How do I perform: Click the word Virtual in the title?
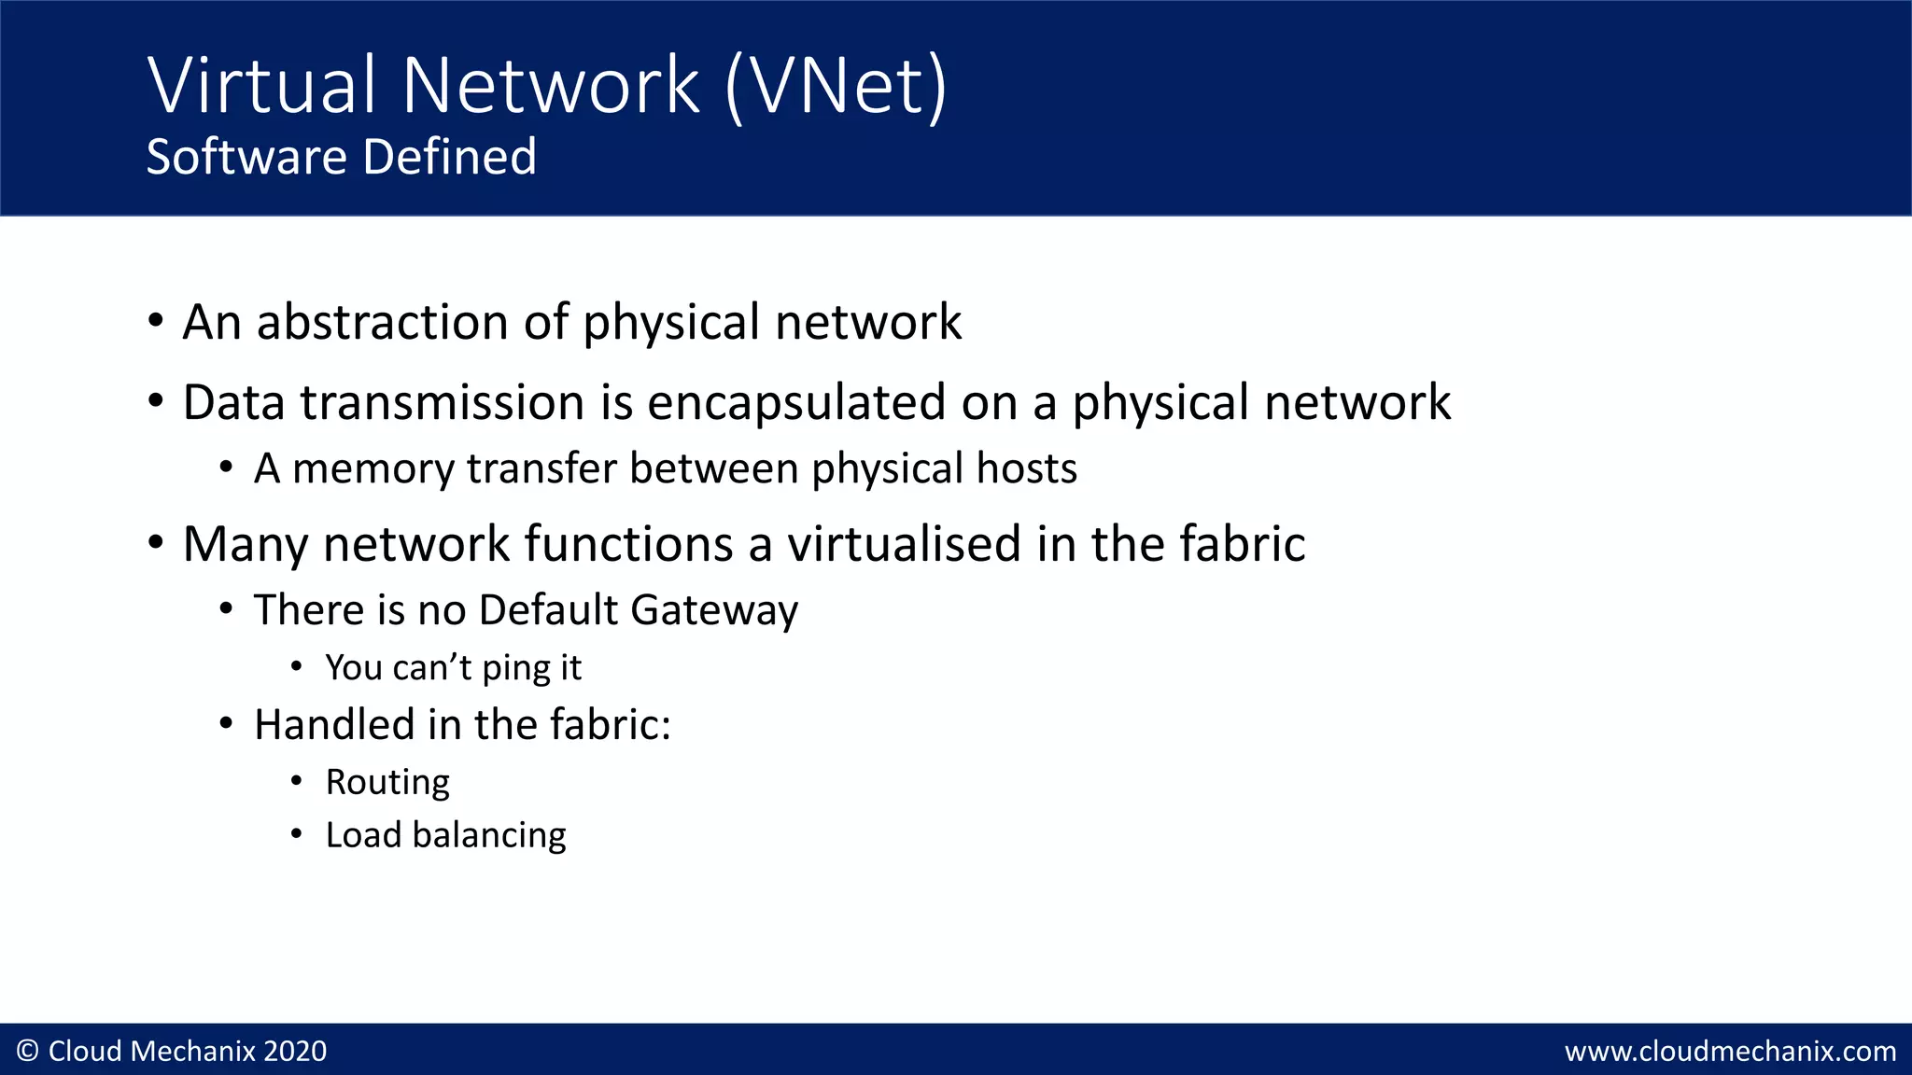point(261,86)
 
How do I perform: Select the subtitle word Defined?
point(450,157)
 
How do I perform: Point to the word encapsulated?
point(796,403)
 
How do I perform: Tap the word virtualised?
point(904,544)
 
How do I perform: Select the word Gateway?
point(714,610)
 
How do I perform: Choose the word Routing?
point(387,782)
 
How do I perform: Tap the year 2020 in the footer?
point(295,1051)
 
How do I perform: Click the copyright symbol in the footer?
point(28,1051)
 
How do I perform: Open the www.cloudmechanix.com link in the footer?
point(1730,1052)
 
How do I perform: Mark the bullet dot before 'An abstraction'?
point(156,322)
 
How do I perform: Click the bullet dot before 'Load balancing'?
point(296,834)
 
